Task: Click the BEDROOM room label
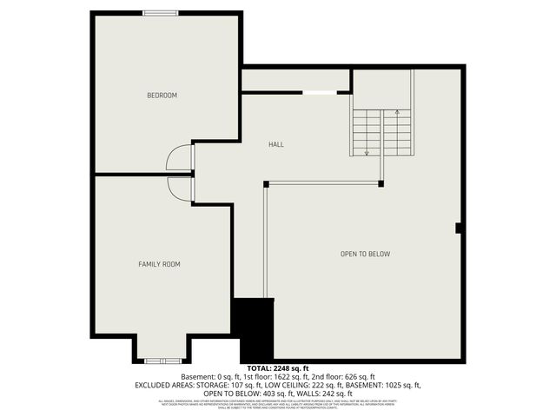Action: (162, 96)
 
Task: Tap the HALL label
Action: (276, 144)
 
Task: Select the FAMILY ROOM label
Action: (160, 264)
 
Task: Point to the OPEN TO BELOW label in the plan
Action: (365, 254)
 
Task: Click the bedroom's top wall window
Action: (162, 12)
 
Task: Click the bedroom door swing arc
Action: (179, 157)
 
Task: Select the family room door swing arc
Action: (180, 189)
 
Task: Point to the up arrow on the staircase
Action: (397, 113)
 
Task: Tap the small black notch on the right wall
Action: (458, 228)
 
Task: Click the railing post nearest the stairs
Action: (381, 183)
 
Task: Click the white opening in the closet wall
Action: (320, 93)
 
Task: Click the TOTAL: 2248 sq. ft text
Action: (278, 368)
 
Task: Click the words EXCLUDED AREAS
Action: (162, 385)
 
